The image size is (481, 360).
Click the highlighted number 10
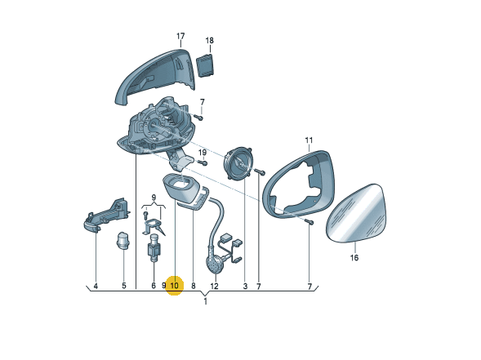coord(174,286)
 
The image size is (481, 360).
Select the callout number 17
coord(180,36)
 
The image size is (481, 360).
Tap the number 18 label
coord(210,40)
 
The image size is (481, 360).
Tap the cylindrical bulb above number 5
coord(123,239)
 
